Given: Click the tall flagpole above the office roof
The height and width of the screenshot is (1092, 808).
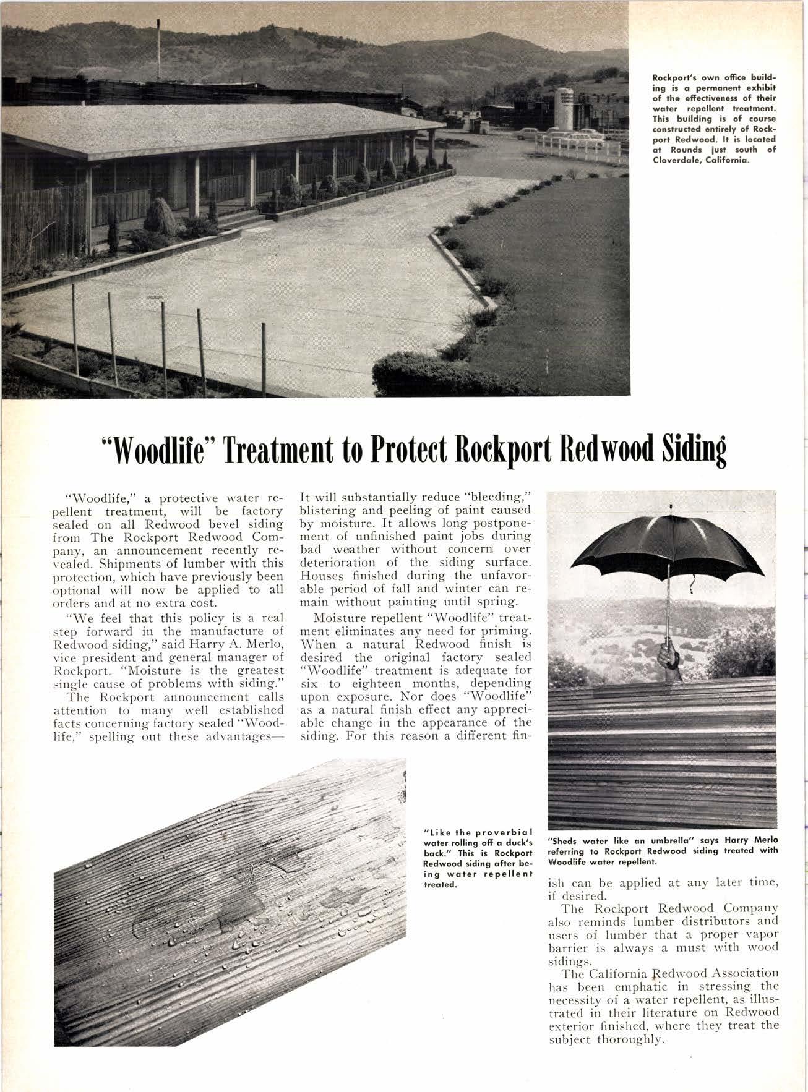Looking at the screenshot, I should pyautogui.click(x=159, y=49).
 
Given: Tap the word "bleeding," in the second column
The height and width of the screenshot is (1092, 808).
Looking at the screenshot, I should pyautogui.click(x=503, y=497).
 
